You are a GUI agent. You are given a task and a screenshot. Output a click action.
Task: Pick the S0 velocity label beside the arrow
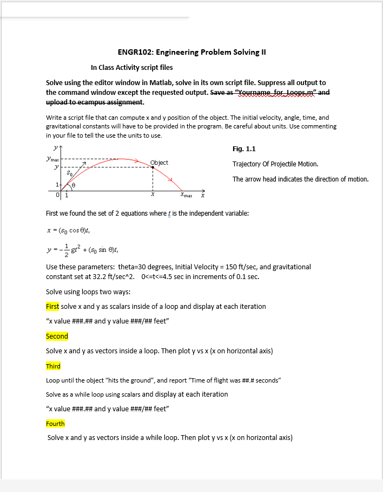click(69, 174)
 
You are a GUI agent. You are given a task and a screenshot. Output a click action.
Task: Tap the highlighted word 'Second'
click(57, 336)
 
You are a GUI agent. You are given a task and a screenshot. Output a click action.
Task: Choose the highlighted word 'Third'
click(53, 366)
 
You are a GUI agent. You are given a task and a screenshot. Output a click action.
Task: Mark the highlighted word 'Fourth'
click(55, 423)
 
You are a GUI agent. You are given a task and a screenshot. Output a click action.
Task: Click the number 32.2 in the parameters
click(90, 276)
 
